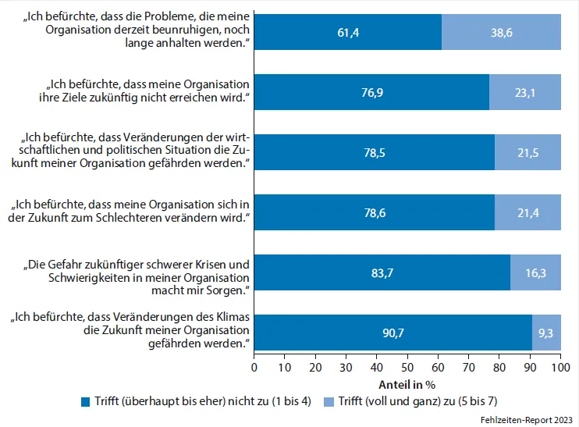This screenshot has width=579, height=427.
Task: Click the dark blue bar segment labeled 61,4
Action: pos(348,33)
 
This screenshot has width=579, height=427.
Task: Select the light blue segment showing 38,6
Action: pos(501,33)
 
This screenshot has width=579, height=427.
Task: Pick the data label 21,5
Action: pos(527,152)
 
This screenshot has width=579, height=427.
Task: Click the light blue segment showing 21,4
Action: pos(527,212)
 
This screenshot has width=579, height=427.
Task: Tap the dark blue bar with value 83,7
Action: pos(382,272)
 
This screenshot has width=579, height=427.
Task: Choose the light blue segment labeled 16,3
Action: pos(535,272)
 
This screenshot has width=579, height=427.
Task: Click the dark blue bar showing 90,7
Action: pos(393,333)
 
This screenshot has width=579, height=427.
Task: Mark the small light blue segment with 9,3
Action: pos(546,333)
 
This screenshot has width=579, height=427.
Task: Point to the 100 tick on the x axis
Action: pos(560,366)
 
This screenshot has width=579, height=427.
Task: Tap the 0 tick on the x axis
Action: pos(254,366)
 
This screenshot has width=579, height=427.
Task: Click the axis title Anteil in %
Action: pos(407,383)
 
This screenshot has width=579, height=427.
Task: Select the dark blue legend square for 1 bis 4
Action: pos(86,402)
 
